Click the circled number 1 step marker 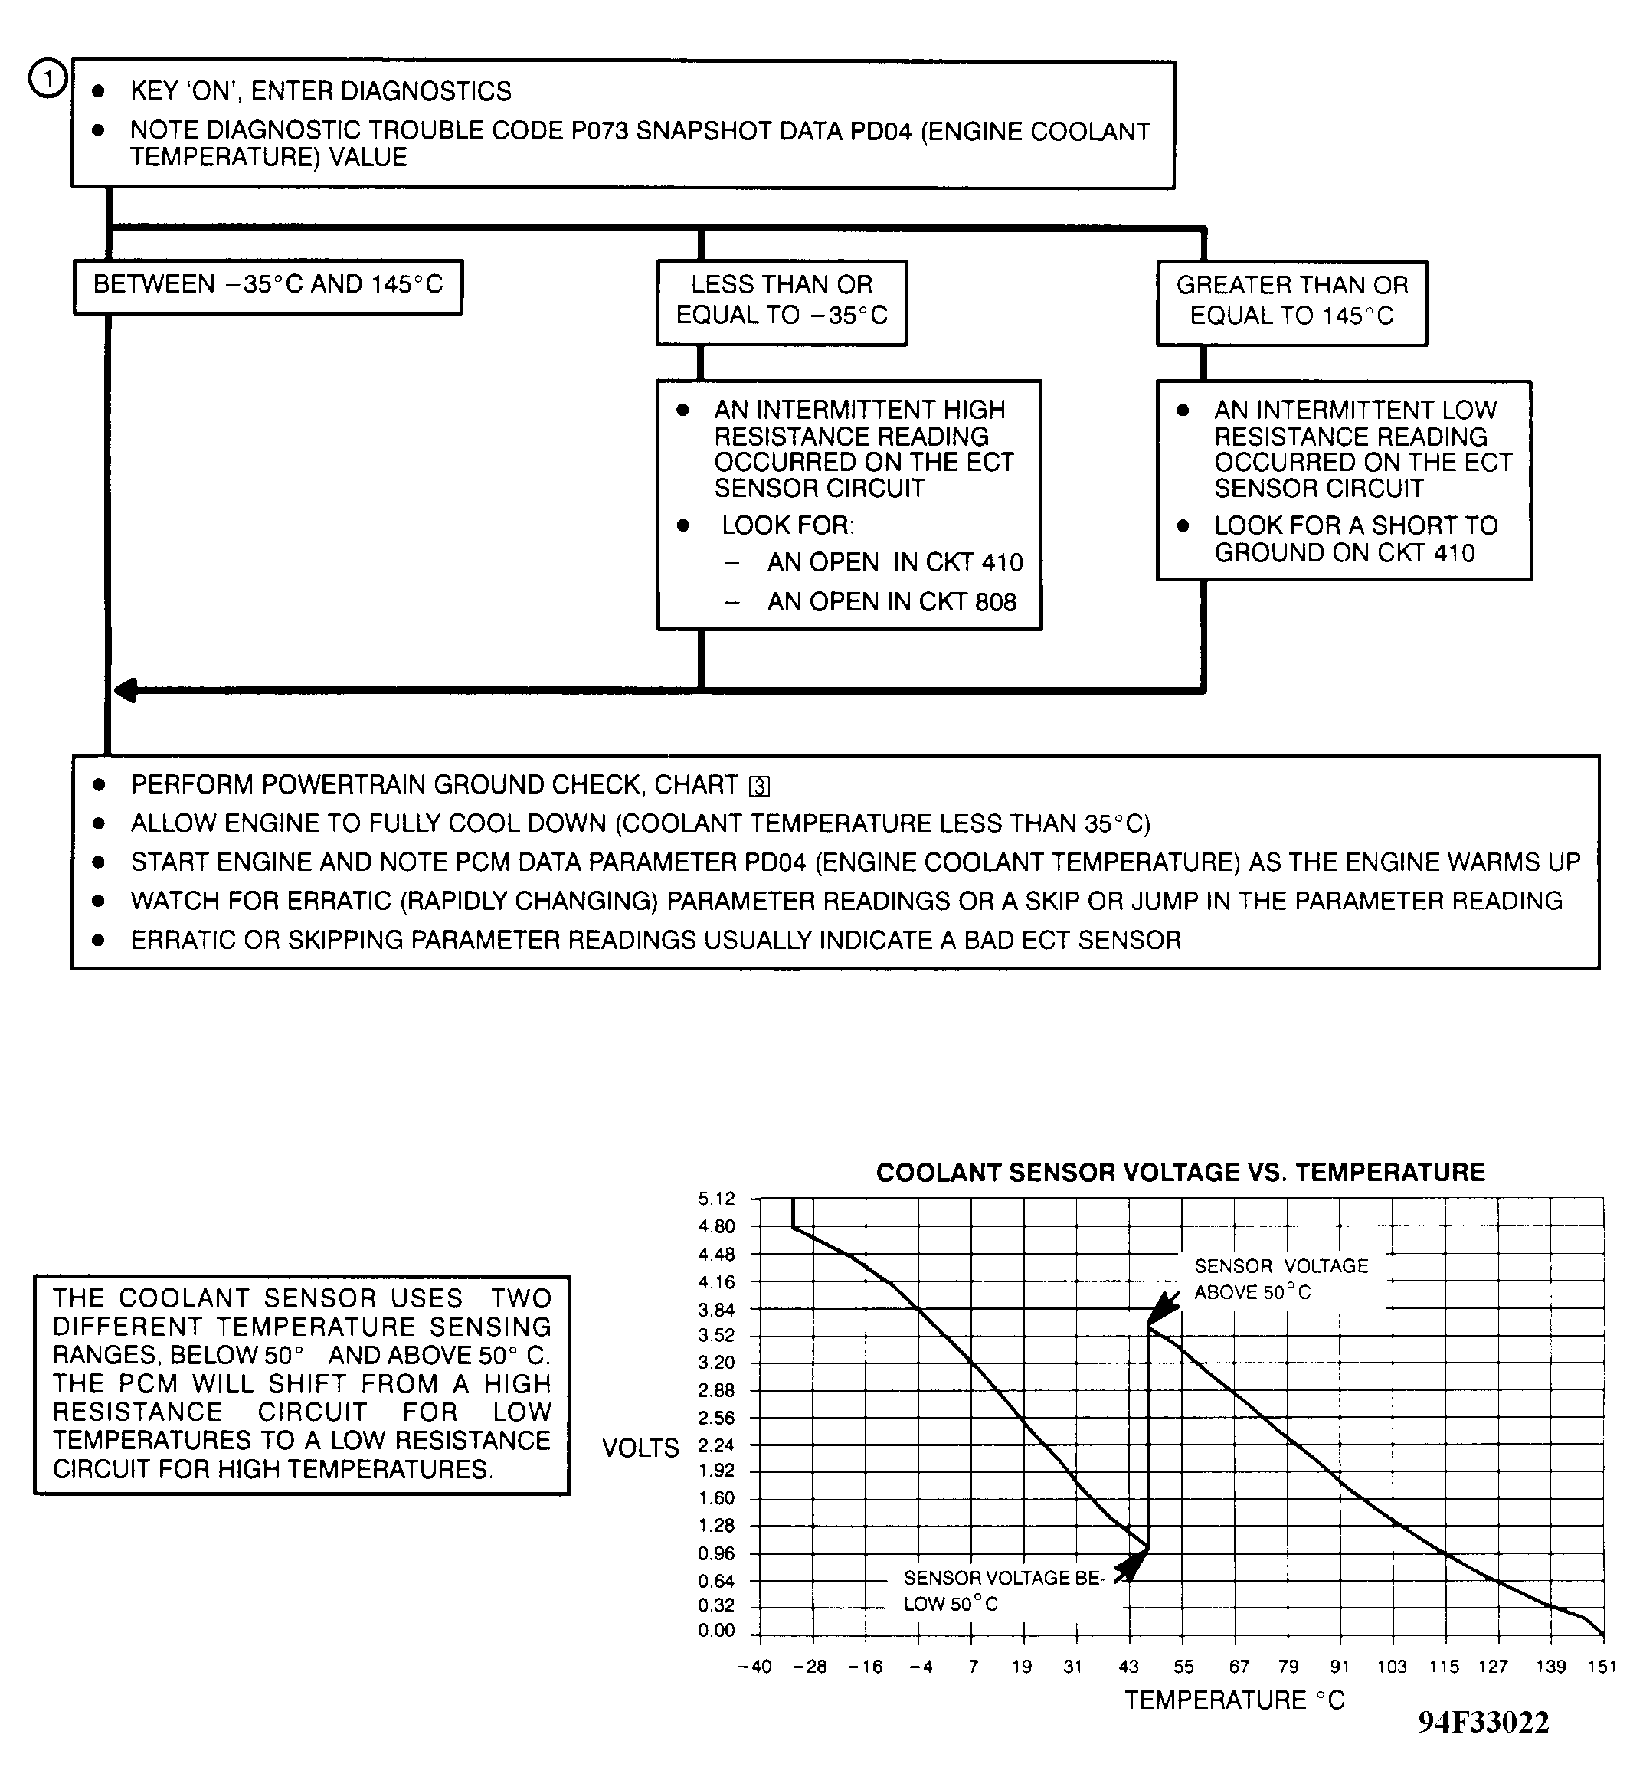point(48,79)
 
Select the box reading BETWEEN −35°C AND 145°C point(267,286)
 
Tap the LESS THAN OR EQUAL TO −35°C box point(781,302)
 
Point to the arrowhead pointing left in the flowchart point(127,690)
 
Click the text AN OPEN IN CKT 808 point(891,602)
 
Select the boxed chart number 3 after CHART point(759,787)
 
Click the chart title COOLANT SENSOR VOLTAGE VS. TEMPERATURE point(1180,1173)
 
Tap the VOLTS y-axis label point(640,1448)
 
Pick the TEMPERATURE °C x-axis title point(1234,1700)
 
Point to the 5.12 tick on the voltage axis point(717,1199)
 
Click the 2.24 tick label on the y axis point(717,1445)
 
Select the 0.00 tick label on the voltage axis point(717,1631)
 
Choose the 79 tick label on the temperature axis point(1288,1667)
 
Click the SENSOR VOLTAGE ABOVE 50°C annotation point(1280,1278)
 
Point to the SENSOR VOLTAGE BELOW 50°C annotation point(1003,1591)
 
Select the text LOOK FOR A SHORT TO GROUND point(1355,539)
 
